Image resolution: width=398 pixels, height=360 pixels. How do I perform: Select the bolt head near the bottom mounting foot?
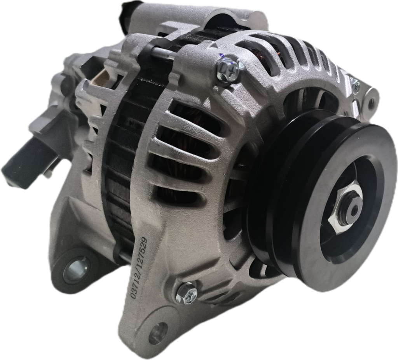(x=186, y=293)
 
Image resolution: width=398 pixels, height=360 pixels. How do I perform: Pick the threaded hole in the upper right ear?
(x=371, y=102)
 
